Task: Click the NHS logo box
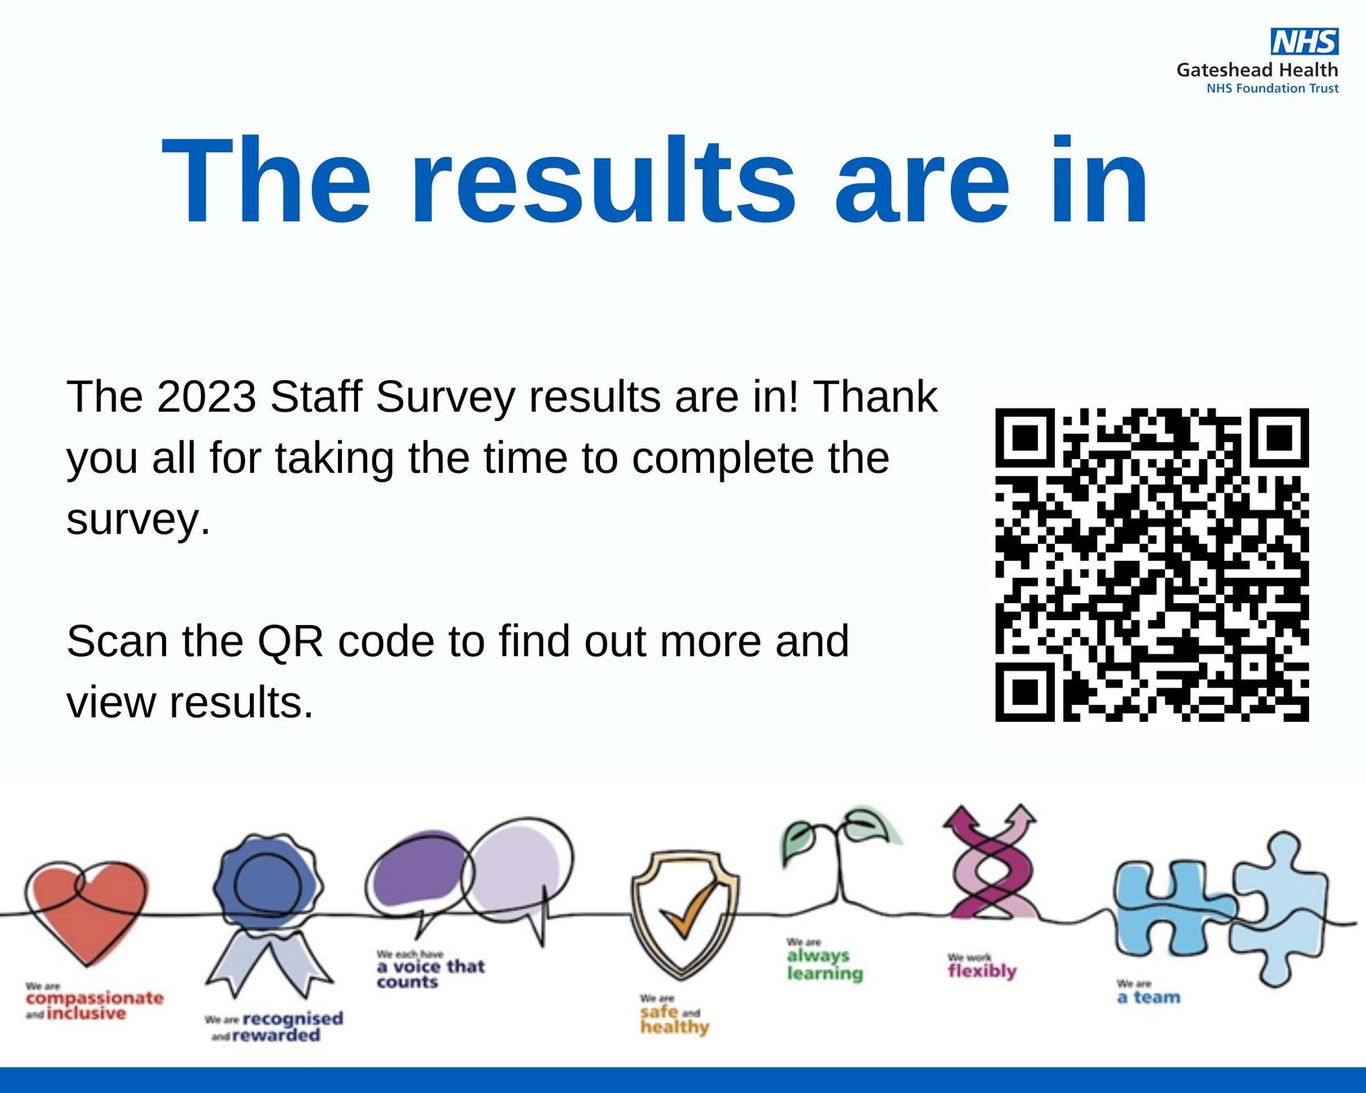tap(1304, 42)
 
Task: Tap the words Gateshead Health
tap(1257, 70)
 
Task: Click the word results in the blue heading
tap(603, 181)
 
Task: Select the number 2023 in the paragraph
tap(207, 397)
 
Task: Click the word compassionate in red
tap(94, 999)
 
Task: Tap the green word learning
tap(825, 973)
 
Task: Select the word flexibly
tap(982, 972)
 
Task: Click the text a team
tap(1149, 998)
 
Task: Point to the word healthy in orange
tap(675, 1028)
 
